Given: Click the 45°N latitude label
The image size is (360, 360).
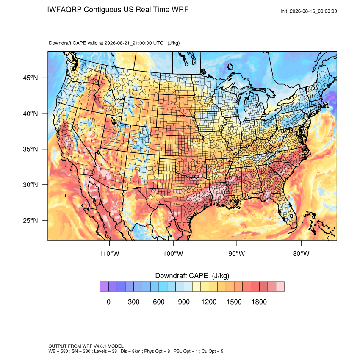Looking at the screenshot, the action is coord(30,78).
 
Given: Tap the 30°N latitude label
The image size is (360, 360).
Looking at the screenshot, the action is coord(30,185).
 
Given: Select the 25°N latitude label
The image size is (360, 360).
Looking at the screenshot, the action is coord(30,220).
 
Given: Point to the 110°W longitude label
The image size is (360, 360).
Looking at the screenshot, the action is coord(109,254).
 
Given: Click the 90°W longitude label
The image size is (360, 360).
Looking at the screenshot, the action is coord(237,254).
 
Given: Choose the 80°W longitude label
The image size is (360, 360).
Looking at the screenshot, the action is coord(301,254).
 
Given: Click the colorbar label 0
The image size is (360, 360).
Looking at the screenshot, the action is coord(108,302).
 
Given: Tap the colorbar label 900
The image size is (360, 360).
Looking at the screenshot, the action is coord(184,302).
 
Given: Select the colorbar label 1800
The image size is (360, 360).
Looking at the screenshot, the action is coord(259,302).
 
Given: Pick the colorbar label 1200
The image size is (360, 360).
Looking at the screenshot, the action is coord(209,302).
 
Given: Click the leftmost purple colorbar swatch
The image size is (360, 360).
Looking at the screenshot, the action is coord(105,287).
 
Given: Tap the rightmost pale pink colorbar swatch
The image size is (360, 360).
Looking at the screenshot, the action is coord(280,287).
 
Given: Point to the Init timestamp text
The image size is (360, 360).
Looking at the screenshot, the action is coord(309,11).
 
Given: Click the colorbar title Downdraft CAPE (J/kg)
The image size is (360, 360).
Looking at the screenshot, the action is coord(192,276).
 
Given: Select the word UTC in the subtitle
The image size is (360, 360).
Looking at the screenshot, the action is coord(158,43).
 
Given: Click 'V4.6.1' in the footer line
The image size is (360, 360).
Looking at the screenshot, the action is coord(100,346).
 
